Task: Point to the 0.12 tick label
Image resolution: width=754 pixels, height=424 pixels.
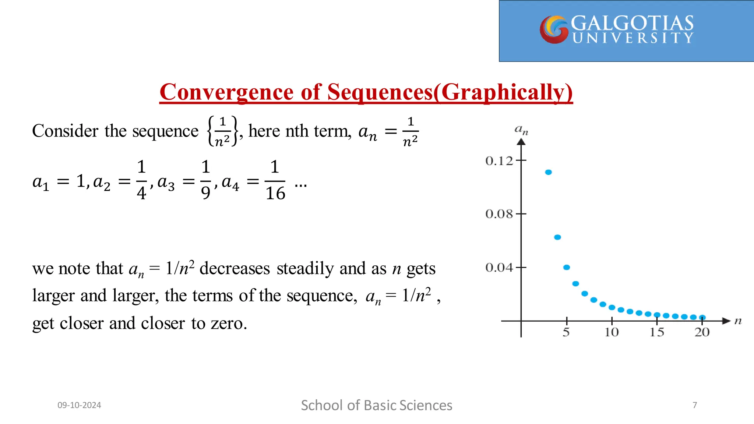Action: click(499, 161)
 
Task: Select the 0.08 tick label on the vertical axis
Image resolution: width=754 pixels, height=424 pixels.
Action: click(499, 214)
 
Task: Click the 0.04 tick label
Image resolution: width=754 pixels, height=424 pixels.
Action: click(499, 268)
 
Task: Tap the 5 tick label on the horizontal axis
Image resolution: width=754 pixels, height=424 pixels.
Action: click(566, 332)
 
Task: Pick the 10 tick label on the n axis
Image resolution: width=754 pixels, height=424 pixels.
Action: click(612, 332)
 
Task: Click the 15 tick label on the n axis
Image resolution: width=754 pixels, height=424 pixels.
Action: click(657, 332)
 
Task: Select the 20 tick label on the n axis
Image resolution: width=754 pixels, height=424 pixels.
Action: click(702, 332)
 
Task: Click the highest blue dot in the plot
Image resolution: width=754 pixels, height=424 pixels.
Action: click(549, 172)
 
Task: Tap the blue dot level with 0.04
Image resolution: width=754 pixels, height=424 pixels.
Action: click(567, 267)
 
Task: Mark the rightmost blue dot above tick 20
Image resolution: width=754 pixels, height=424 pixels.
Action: click(702, 317)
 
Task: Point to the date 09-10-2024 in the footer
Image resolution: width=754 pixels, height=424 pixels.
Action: click(79, 405)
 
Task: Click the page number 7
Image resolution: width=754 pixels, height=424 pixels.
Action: click(695, 405)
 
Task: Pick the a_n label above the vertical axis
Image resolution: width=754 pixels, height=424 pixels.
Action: click(521, 130)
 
